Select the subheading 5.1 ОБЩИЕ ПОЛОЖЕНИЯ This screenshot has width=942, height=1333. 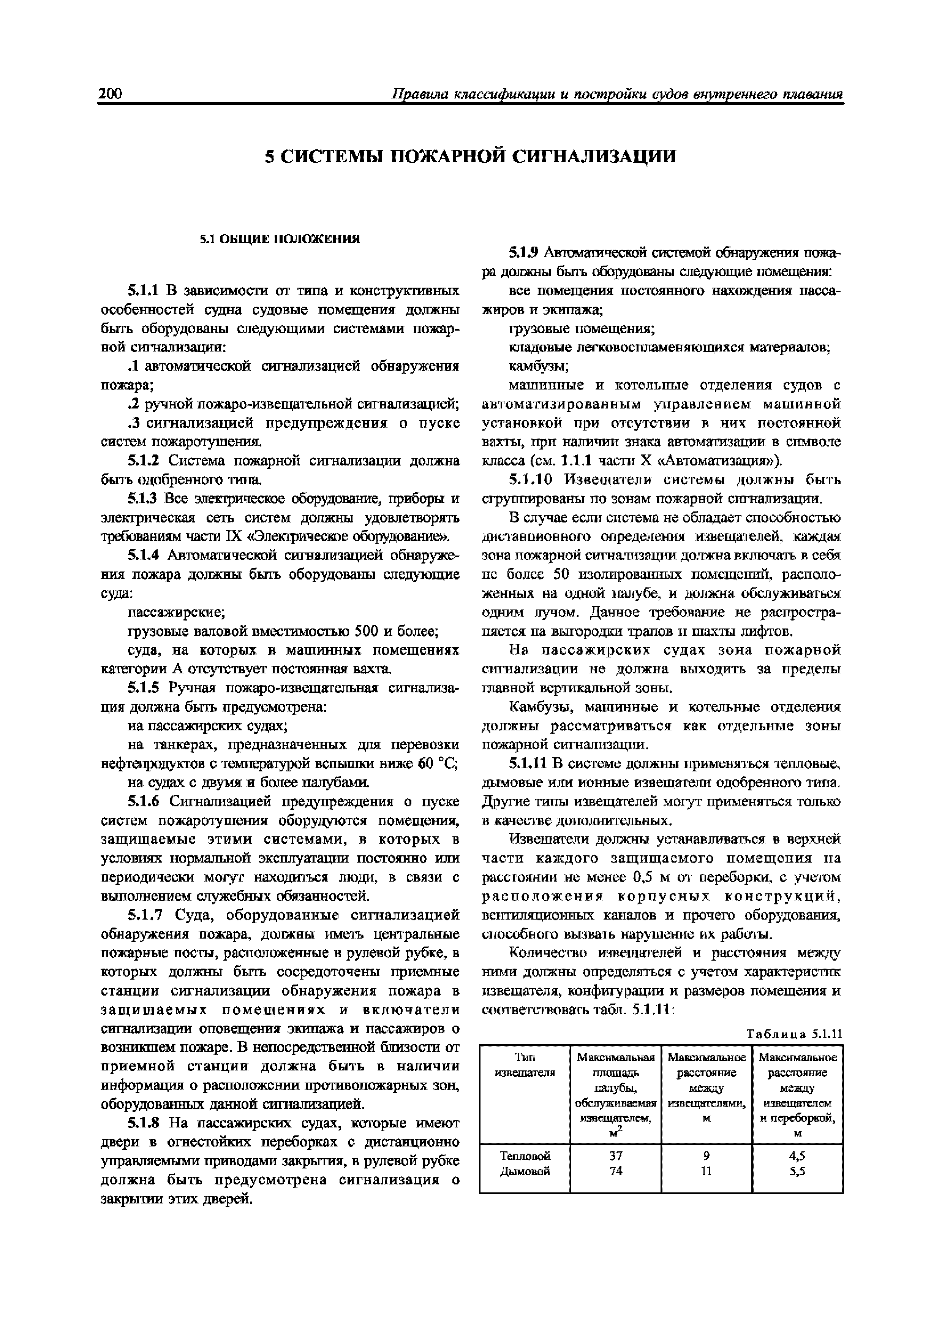[x=280, y=239]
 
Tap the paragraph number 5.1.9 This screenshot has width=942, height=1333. [x=524, y=253]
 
